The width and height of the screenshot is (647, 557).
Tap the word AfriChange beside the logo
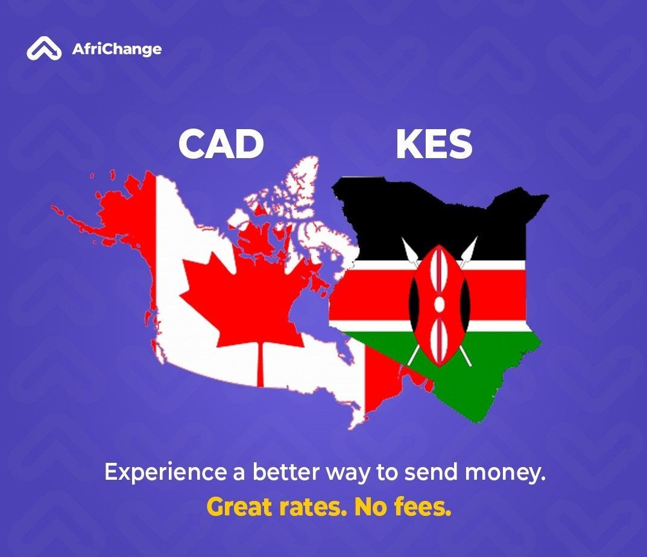pyautogui.click(x=116, y=49)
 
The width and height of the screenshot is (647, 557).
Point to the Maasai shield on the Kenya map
pyautogui.click(x=439, y=305)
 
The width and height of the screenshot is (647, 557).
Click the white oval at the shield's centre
pyautogui.click(x=439, y=304)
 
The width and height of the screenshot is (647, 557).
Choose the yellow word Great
pyautogui.click(x=241, y=508)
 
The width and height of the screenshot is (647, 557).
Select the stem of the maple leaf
pyautogui.click(x=260, y=365)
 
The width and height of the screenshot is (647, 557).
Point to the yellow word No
pyautogui.click(x=371, y=508)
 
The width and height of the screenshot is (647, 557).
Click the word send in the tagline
pyautogui.click(x=428, y=473)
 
